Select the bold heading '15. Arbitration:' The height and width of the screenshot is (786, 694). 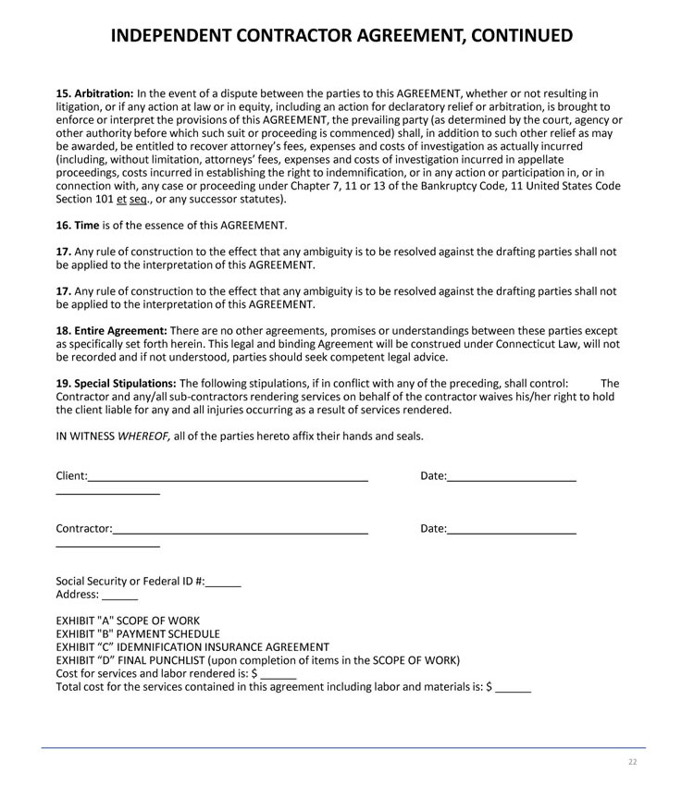click(x=94, y=93)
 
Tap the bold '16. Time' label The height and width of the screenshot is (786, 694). click(x=78, y=226)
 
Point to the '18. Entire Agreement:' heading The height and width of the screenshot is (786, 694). click(x=111, y=331)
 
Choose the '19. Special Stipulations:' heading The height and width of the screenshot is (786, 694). click(x=116, y=384)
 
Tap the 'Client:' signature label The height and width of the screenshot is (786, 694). click(x=72, y=476)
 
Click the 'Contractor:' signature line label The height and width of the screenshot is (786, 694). click(x=84, y=529)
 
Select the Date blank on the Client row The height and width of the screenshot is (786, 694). click(x=512, y=478)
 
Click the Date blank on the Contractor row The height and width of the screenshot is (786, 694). click(x=512, y=531)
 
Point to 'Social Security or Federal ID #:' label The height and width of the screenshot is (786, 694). click(x=130, y=582)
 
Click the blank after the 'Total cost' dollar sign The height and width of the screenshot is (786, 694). click(x=514, y=689)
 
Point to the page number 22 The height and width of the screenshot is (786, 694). click(x=633, y=762)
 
